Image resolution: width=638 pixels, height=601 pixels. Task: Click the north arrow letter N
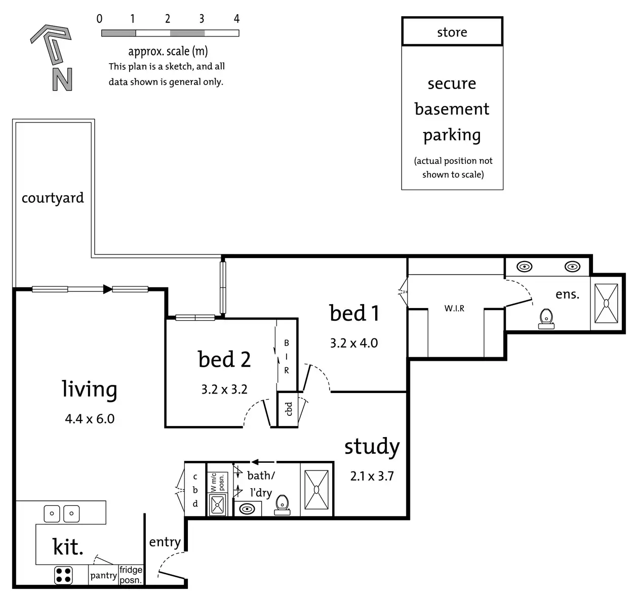coord(62,79)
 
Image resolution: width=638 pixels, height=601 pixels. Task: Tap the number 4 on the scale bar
coord(236,19)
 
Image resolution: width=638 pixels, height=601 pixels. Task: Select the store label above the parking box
coord(452,32)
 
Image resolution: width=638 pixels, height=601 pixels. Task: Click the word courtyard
coord(53,198)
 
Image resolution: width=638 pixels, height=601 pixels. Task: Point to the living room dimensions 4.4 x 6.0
coord(90,419)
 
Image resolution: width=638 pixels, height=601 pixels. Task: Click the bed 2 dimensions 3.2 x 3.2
coord(224,389)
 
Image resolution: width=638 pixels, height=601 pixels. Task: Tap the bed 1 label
coord(354,313)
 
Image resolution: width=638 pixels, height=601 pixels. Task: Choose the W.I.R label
coord(454,308)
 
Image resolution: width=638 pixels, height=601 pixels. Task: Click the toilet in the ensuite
coord(546,319)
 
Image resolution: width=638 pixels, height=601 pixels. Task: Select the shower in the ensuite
coord(606,303)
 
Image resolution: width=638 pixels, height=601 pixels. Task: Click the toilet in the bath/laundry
coord(282,505)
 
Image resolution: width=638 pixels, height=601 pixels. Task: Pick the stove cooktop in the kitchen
coord(63,575)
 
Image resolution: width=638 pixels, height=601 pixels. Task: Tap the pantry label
coord(103,575)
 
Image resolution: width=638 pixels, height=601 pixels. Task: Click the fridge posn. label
coord(131,575)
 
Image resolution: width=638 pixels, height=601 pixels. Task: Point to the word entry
coord(165,542)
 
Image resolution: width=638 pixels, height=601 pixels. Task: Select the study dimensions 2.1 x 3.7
coord(372,476)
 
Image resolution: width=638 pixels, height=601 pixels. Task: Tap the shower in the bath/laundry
coord(316,490)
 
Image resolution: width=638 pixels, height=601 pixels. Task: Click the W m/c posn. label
coord(217,482)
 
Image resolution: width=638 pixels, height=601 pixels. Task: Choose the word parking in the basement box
coord(452,136)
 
